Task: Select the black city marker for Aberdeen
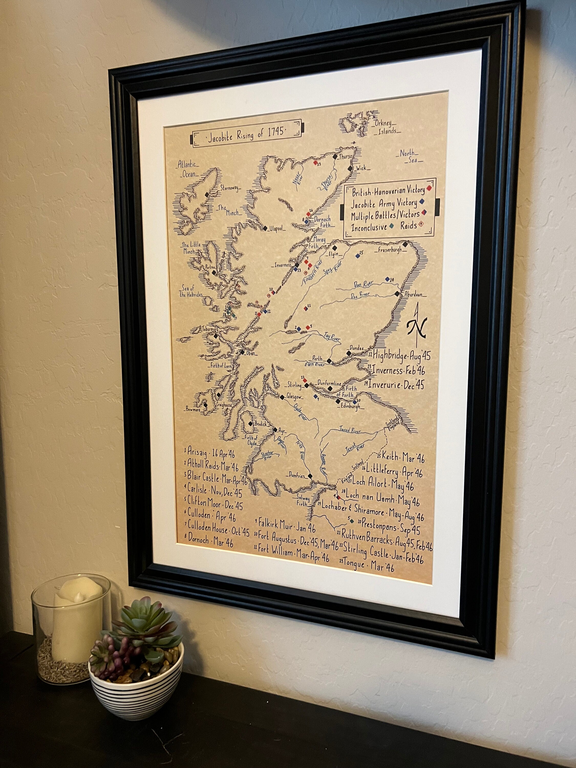(397, 294)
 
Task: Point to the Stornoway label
(229, 188)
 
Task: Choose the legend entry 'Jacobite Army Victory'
(384, 203)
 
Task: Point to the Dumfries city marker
(310, 475)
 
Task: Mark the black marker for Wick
(350, 168)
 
